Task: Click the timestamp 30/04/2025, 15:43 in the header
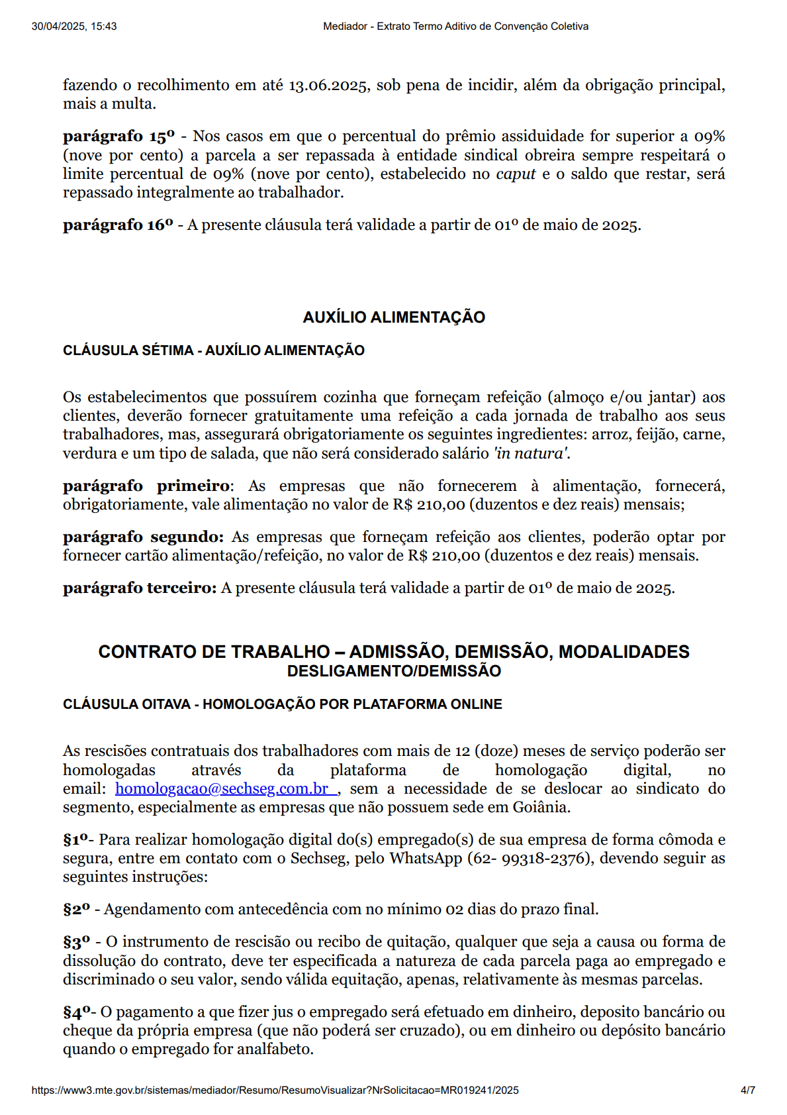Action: [74, 27]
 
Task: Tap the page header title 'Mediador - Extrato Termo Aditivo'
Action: [455, 27]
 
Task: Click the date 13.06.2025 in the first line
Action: [328, 85]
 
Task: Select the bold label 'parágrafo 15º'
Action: [118, 136]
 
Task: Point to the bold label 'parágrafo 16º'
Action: [118, 225]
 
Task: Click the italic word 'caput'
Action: [516, 174]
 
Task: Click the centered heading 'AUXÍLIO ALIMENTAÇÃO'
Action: [394, 317]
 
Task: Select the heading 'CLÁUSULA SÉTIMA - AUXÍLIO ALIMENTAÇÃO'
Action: [214, 350]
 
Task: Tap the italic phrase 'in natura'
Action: [532, 454]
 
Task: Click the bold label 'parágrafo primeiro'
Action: [146, 486]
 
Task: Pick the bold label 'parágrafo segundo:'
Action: [143, 537]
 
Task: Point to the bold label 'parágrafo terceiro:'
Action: [140, 588]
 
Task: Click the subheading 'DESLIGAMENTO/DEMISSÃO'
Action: [394, 671]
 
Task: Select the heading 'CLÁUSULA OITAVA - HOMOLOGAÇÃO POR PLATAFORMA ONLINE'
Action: [283, 704]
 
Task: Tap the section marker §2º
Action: [76, 910]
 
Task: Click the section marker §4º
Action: [76, 1012]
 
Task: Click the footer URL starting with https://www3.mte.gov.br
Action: [275, 1090]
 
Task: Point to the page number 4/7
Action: [747, 1090]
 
